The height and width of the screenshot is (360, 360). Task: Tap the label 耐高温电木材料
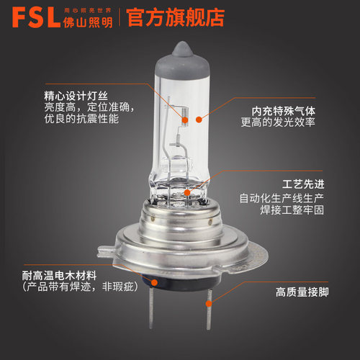57,275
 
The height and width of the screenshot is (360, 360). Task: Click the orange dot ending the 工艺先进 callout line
186,192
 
